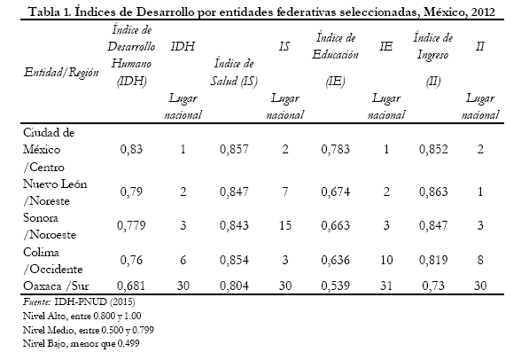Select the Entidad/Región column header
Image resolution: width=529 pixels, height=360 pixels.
(x=61, y=73)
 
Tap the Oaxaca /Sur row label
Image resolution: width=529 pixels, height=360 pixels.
(x=56, y=286)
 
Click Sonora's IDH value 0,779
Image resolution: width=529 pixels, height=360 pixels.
(x=131, y=225)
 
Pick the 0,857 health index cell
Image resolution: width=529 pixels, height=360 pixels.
(x=234, y=149)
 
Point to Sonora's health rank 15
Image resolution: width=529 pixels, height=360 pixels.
(x=285, y=225)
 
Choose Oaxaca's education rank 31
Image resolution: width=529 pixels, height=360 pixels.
(x=386, y=286)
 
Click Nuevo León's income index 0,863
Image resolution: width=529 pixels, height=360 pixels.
(x=433, y=192)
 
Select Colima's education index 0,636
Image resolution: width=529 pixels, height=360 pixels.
(x=335, y=260)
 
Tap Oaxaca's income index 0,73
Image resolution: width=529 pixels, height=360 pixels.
(x=433, y=286)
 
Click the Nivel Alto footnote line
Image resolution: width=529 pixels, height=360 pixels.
(x=82, y=316)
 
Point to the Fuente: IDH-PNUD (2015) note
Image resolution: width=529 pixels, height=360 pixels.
(x=79, y=301)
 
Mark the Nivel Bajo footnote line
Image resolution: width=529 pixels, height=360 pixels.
(x=81, y=343)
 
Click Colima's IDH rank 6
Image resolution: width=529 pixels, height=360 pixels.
(x=183, y=260)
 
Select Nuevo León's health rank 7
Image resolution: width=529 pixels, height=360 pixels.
(x=285, y=192)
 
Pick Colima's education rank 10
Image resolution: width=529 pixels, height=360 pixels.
(x=386, y=260)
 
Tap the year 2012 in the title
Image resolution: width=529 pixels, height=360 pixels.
(x=483, y=12)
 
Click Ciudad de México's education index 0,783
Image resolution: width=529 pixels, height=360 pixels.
(x=335, y=149)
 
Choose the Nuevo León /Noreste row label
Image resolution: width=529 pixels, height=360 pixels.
(x=55, y=192)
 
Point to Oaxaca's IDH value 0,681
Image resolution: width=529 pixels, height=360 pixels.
(x=131, y=286)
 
